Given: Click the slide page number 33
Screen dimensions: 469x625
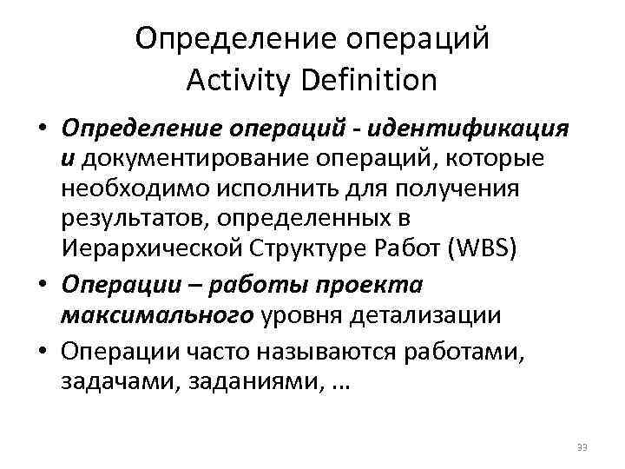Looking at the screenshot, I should tap(582, 447).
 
